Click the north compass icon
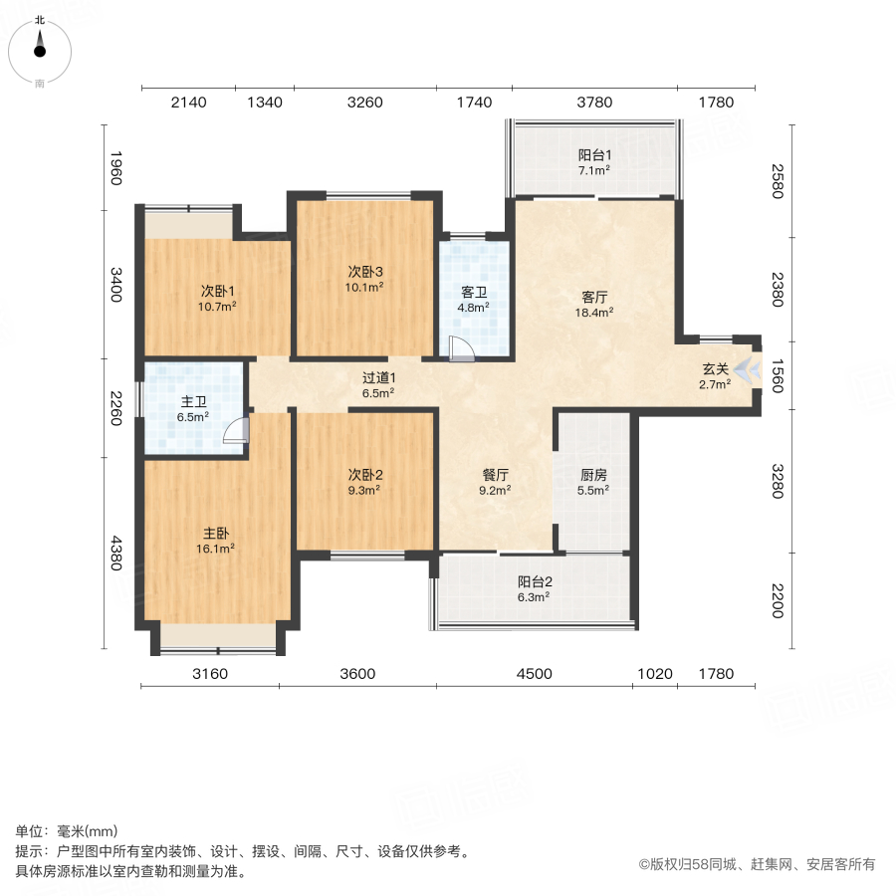click(40, 44)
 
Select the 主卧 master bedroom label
click(215, 532)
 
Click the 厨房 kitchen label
click(594, 474)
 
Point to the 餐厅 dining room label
click(495, 474)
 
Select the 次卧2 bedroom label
click(365, 474)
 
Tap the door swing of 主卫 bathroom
click(236, 429)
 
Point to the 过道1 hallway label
click(378, 377)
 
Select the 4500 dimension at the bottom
click(534, 674)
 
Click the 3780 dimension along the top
click(594, 103)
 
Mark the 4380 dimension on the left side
click(115, 555)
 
